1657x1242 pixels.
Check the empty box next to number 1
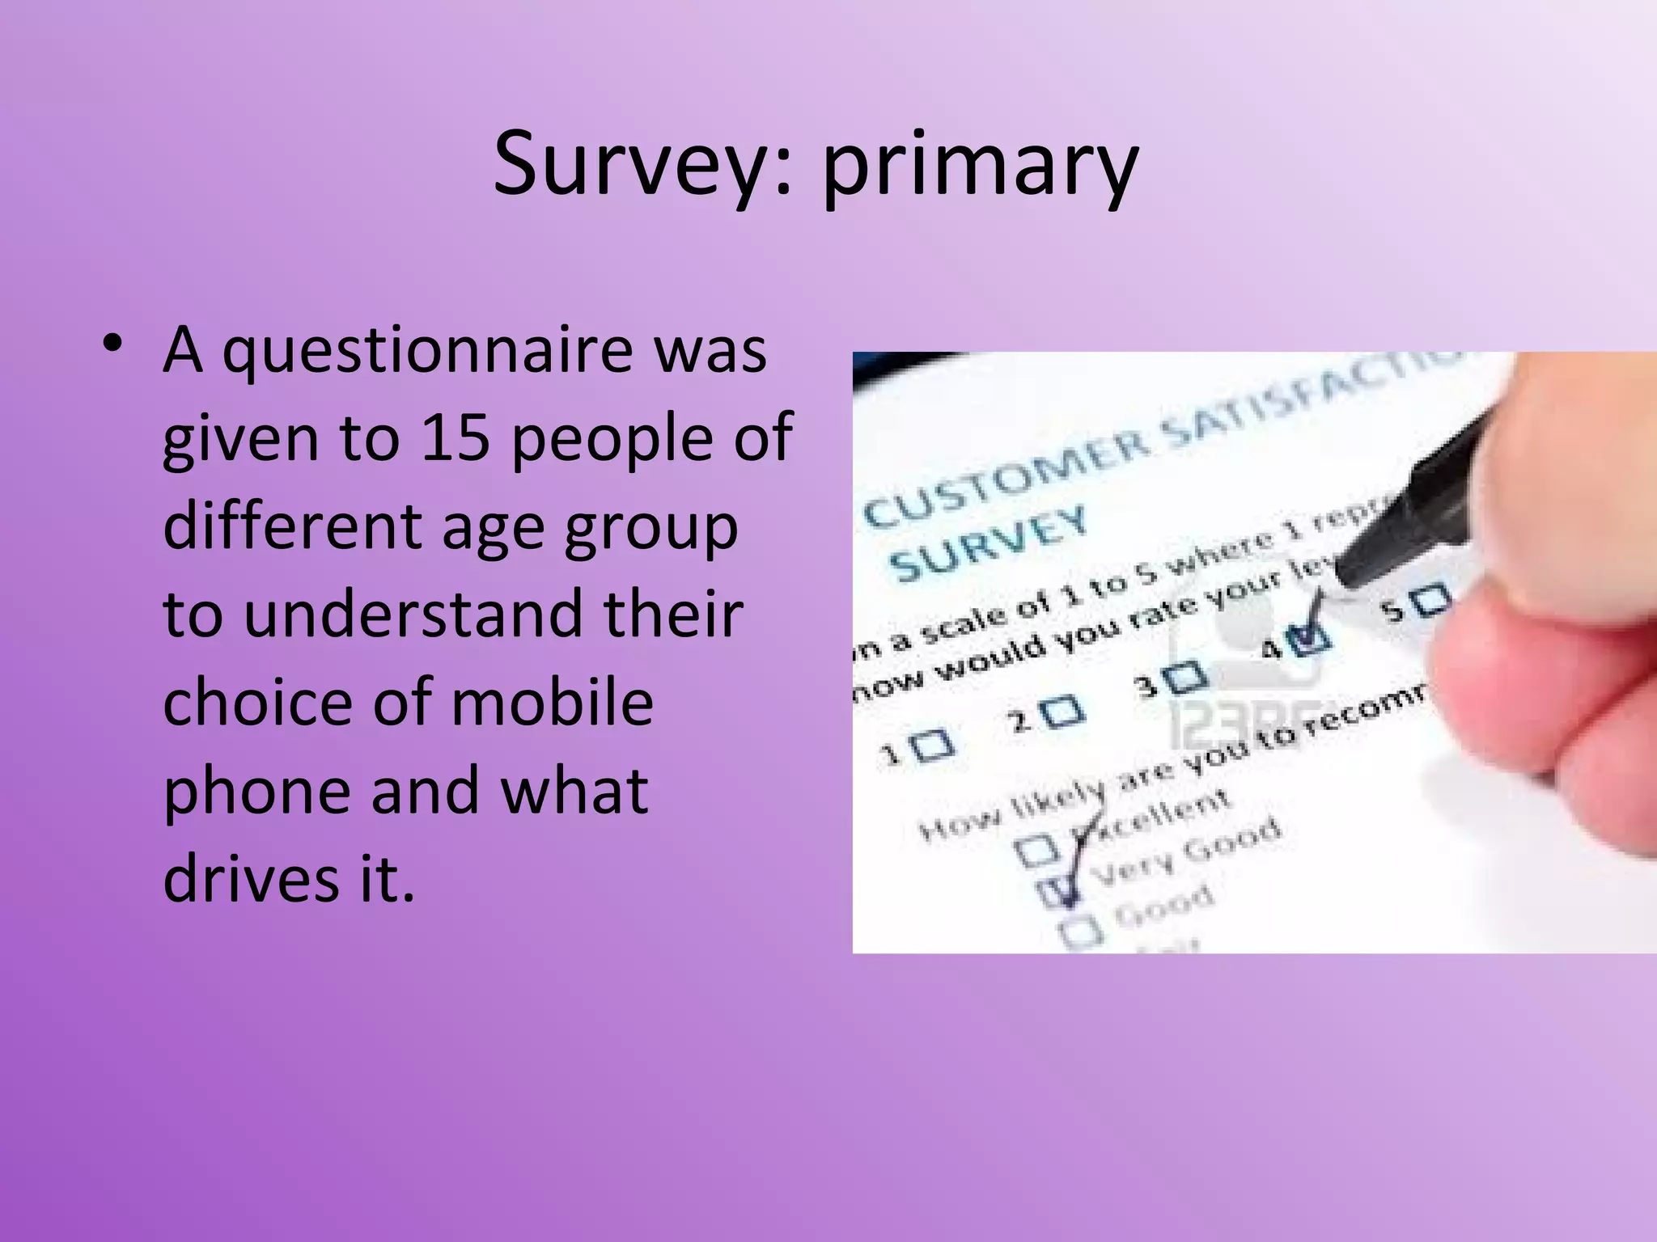click(x=935, y=744)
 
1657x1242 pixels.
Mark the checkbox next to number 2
click(x=1062, y=712)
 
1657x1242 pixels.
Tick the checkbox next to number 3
click(x=1187, y=676)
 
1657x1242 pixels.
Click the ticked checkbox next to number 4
click(x=1311, y=640)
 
